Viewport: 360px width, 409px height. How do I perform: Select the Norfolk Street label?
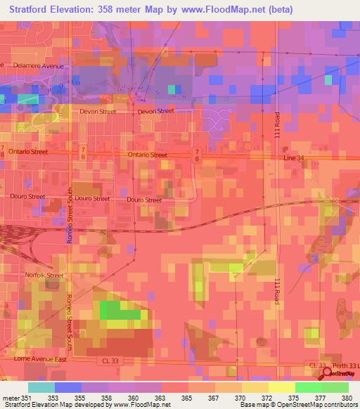pyautogui.click(x=44, y=275)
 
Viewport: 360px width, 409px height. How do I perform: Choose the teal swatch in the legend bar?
pyautogui.click(x=41, y=387)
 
